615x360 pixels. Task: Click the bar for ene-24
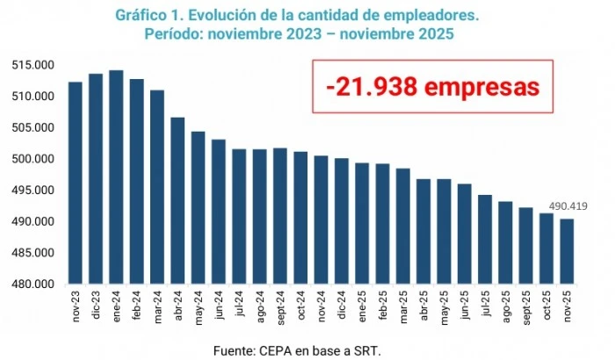pos(116,176)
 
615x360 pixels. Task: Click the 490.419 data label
pos(568,207)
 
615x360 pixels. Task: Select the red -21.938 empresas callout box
pos(432,88)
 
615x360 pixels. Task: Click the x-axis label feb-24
pos(137,306)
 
